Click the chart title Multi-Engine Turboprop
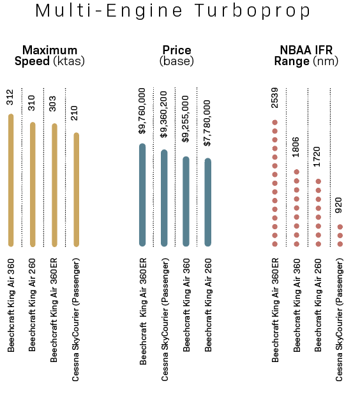(173, 11)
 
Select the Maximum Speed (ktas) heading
(49, 56)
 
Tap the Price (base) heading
(177, 56)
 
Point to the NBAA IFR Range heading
(306, 56)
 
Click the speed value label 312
(10, 97)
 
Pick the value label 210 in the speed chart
(75, 113)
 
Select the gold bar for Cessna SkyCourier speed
(76, 190)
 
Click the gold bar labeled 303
(54, 185)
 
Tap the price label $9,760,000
(142, 111)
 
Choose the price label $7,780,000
(207, 123)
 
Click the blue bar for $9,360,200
(164, 198)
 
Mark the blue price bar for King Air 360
(186, 201)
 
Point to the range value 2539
(274, 98)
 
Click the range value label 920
(339, 206)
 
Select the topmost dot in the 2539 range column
(274, 123)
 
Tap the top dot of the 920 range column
(340, 227)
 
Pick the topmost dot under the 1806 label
(297, 172)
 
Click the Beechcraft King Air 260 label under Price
(208, 305)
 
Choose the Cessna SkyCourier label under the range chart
(339, 320)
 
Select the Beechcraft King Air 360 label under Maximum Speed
(11, 305)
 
